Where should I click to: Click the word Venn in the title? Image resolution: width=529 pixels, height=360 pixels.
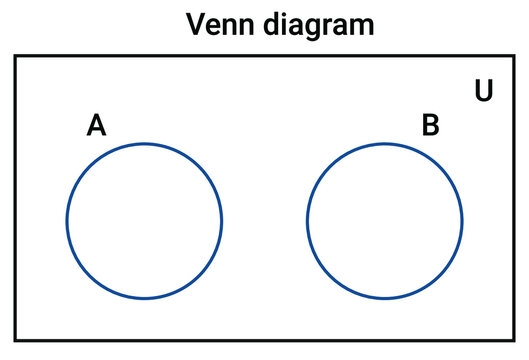point(218,24)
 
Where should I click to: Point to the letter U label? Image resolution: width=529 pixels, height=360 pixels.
point(484,91)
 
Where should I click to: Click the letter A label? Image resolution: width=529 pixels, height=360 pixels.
point(96,126)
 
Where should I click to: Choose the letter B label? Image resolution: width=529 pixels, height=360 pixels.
point(430,126)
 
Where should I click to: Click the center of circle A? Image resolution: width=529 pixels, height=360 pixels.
point(145,221)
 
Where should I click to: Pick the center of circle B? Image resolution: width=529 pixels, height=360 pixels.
point(385,221)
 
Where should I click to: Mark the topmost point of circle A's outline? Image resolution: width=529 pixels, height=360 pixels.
point(145,144)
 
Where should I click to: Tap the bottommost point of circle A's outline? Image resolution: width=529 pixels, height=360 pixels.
point(145,298)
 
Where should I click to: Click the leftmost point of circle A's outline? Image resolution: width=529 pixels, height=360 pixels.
point(68,221)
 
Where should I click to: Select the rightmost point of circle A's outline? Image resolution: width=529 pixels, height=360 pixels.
point(222,221)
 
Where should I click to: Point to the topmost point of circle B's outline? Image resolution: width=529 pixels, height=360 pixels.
point(385,144)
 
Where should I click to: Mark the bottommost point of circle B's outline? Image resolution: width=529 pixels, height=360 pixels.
point(385,298)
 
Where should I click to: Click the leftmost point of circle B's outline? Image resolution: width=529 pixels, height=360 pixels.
point(308,221)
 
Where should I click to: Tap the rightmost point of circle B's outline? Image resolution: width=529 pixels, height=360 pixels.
point(462,221)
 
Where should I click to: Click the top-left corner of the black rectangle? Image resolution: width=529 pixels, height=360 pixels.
point(15,57)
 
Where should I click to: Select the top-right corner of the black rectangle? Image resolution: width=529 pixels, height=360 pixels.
point(514,57)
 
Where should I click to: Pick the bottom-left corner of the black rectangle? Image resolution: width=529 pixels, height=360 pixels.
point(15,340)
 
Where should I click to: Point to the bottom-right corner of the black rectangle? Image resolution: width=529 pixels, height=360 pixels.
point(514,340)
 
